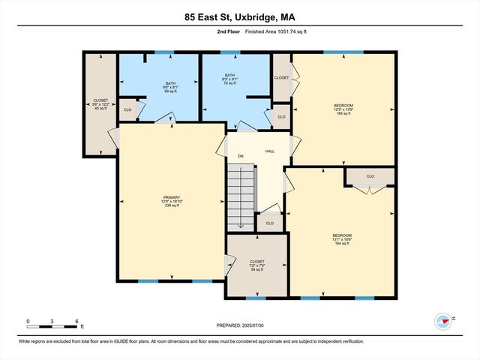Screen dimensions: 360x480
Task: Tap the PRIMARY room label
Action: click(x=172, y=202)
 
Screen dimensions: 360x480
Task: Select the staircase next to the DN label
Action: click(x=241, y=198)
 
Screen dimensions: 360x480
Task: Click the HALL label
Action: click(x=270, y=151)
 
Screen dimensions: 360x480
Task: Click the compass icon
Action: click(x=444, y=320)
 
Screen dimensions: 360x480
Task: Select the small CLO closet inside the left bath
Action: click(x=128, y=109)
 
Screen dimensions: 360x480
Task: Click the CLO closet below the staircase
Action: click(x=269, y=223)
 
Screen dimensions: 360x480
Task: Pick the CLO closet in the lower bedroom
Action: click(x=370, y=177)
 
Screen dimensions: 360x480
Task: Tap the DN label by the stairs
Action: click(x=241, y=156)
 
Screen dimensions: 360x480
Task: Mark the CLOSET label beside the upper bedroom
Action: click(x=281, y=78)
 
